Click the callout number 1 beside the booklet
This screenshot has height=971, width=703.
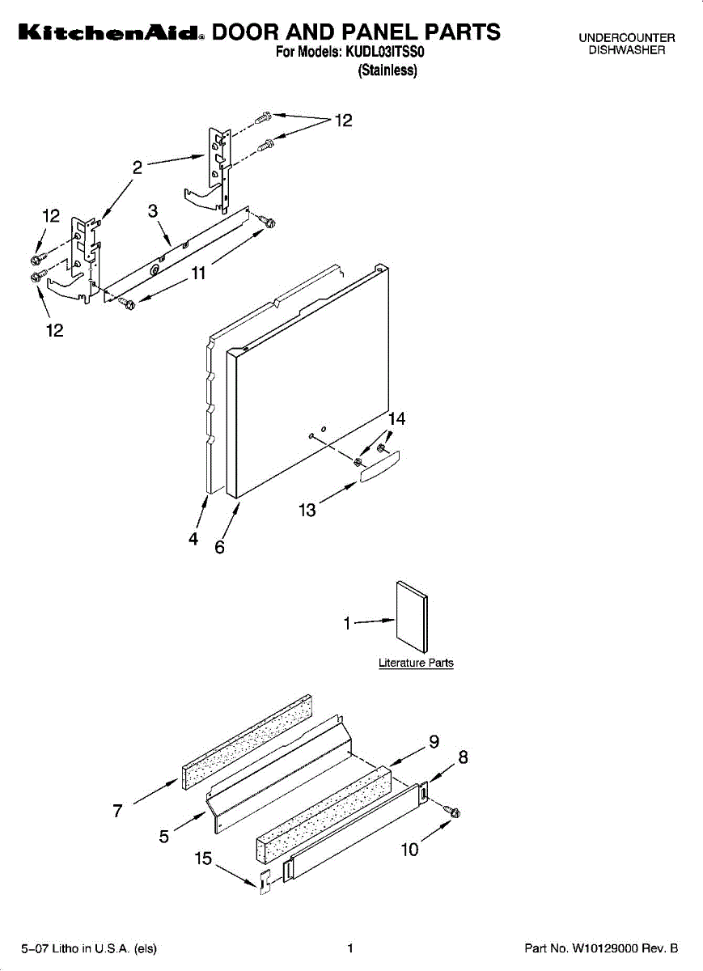pos(348,623)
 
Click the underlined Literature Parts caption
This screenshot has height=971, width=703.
pos(416,664)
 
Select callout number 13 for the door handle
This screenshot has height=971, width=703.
pos(307,511)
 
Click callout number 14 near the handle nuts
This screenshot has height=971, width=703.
pos(396,419)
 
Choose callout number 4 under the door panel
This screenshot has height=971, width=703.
pos(193,539)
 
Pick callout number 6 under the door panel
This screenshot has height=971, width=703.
pos(219,547)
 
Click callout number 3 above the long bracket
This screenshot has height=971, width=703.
pos(152,211)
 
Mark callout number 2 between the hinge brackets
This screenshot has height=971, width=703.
pos(138,167)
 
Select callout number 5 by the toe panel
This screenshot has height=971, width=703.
pos(164,837)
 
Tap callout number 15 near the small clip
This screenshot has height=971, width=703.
pos(203,859)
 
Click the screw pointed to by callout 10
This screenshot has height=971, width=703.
pos(454,812)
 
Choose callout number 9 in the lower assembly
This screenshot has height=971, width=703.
pos(434,741)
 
